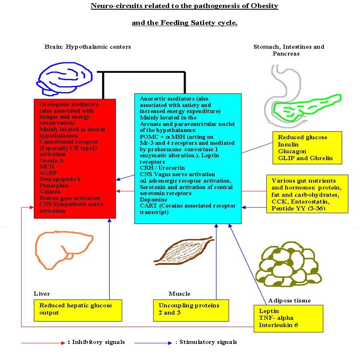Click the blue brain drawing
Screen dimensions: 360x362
point(65,79)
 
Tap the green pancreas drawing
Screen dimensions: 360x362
point(307,108)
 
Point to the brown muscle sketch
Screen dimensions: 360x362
point(184,251)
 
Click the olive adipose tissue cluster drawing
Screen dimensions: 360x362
point(290,264)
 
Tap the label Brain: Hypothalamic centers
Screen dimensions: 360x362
point(88,47)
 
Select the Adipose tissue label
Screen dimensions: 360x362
point(289,300)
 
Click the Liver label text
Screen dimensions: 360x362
point(42,294)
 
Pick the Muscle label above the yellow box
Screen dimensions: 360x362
point(180,294)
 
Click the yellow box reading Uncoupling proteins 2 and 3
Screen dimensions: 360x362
point(191,310)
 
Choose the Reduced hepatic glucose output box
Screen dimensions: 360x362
point(78,310)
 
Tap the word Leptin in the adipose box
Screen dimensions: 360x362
point(269,311)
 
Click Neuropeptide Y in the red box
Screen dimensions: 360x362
point(60,179)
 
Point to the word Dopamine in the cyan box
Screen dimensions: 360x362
point(153,200)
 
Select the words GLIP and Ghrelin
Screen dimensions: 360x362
point(305,158)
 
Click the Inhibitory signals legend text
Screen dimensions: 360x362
point(98,342)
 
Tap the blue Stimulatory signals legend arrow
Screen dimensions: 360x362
point(153,343)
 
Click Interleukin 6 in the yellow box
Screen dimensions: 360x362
point(278,325)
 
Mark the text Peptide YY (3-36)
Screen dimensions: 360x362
point(299,208)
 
